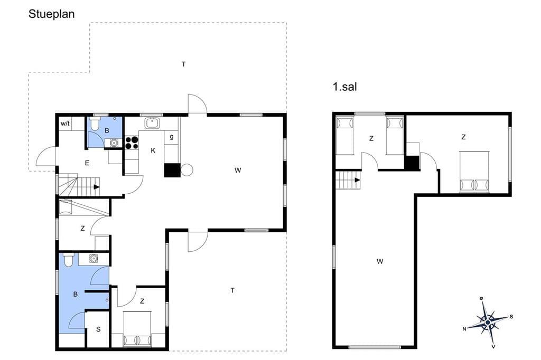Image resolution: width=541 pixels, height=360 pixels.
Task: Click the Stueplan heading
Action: [x=51, y=14]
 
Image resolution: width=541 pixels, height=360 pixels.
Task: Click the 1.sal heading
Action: [x=344, y=87]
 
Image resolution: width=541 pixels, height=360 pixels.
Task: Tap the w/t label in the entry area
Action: [x=65, y=124]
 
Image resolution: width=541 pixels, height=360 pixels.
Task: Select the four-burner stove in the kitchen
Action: [x=132, y=143]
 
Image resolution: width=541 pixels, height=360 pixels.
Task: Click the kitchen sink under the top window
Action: [x=152, y=123]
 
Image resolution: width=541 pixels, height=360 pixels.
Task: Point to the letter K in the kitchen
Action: [x=153, y=150]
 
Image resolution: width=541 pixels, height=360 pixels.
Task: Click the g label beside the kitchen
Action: [x=172, y=137]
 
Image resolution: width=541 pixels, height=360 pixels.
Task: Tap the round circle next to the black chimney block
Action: [x=186, y=170]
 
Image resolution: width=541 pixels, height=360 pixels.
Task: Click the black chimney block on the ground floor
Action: [x=172, y=170]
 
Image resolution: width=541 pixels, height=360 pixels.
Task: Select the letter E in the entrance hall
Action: [x=87, y=163]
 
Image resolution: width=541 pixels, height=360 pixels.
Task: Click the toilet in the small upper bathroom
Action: [x=95, y=124]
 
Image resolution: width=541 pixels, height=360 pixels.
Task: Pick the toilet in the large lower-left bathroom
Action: [x=69, y=260]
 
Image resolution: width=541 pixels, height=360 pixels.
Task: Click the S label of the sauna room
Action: [x=98, y=329]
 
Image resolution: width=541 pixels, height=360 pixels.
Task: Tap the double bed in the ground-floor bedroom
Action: [x=137, y=329]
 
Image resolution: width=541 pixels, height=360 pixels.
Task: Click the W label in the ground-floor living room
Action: [x=238, y=170]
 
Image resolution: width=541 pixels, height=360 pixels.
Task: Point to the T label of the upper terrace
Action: [x=183, y=64]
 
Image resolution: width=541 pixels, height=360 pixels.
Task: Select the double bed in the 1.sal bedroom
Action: [x=474, y=172]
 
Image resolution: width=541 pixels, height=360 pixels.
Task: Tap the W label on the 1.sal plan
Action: [x=380, y=261]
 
